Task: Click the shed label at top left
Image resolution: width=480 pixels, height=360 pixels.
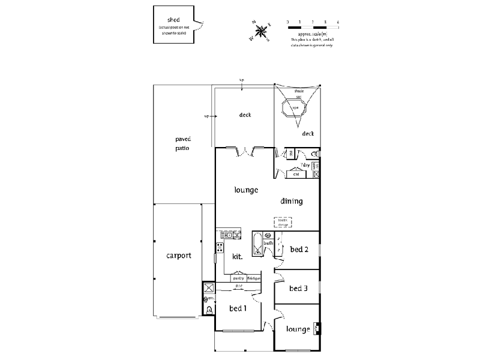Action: click(x=174, y=20)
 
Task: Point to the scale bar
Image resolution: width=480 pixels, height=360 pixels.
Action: click(x=313, y=28)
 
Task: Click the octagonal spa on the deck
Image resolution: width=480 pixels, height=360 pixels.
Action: click(x=295, y=109)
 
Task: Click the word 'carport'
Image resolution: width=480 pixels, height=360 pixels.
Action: click(x=179, y=255)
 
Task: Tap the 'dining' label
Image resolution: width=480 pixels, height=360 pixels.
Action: click(x=291, y=201)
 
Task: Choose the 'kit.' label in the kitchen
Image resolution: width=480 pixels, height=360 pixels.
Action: click(x=237, y=256)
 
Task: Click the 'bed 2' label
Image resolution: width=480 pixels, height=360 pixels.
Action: click(x=299, y=249)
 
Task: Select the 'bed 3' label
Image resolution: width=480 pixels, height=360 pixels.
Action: click(x=298, y=289)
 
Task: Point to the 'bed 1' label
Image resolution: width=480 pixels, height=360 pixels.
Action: click(x=238, y=308)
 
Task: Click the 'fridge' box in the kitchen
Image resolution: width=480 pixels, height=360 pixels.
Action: click(x=253, y=279)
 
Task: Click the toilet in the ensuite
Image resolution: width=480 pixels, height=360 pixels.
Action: click(x=209, y=310)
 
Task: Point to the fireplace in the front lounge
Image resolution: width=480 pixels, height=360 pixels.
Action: click(x=316, y=329)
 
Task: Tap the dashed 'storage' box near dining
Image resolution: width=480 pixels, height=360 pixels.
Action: click(x=283, y=223)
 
